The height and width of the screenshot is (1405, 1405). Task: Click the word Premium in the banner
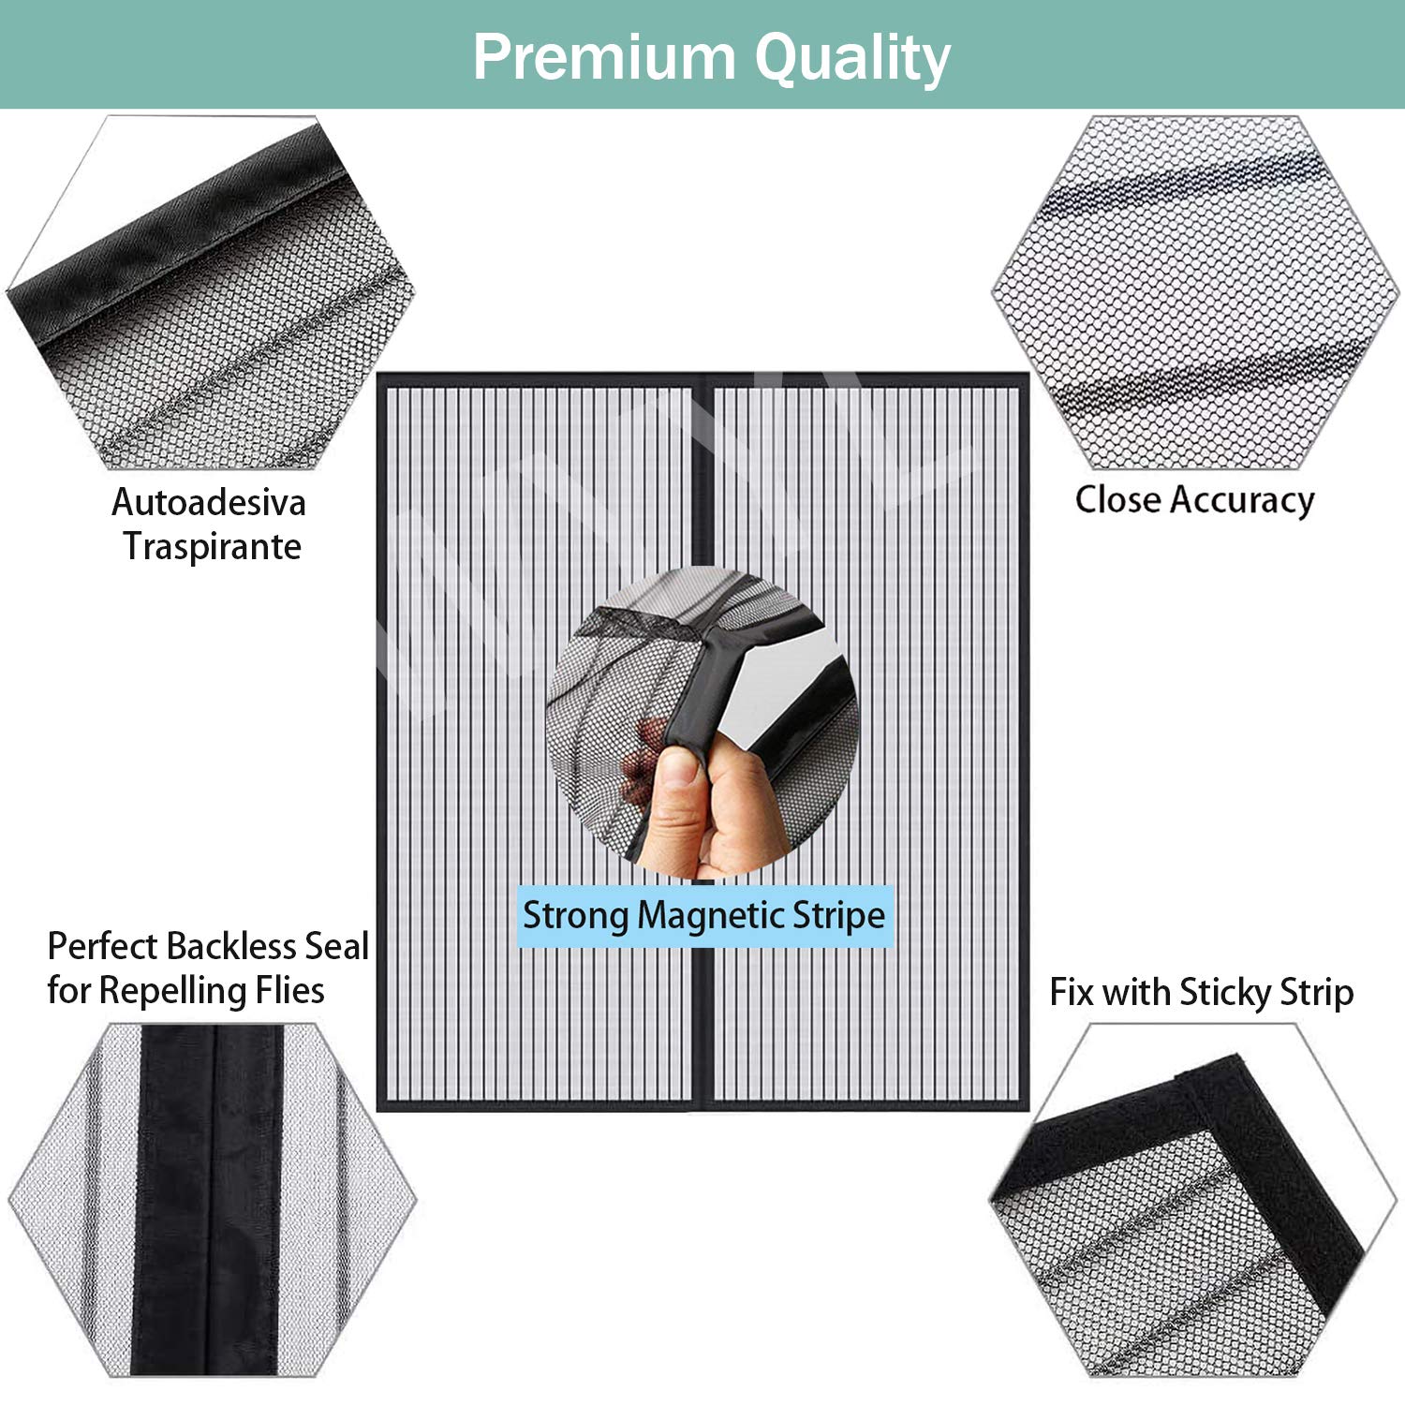605,57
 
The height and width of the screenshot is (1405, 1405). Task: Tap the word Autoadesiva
209,503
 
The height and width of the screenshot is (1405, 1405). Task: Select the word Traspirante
213,547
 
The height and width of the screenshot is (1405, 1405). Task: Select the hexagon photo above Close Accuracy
1194,292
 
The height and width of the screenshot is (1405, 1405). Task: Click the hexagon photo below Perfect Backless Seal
212,1200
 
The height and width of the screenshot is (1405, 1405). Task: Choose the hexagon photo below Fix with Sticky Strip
1193,1200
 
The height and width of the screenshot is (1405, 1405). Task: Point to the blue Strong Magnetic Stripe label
705,916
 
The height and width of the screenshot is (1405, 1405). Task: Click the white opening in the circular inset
782,688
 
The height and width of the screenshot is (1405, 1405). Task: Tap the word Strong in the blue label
576,916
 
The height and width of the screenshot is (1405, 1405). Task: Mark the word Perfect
102,946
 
